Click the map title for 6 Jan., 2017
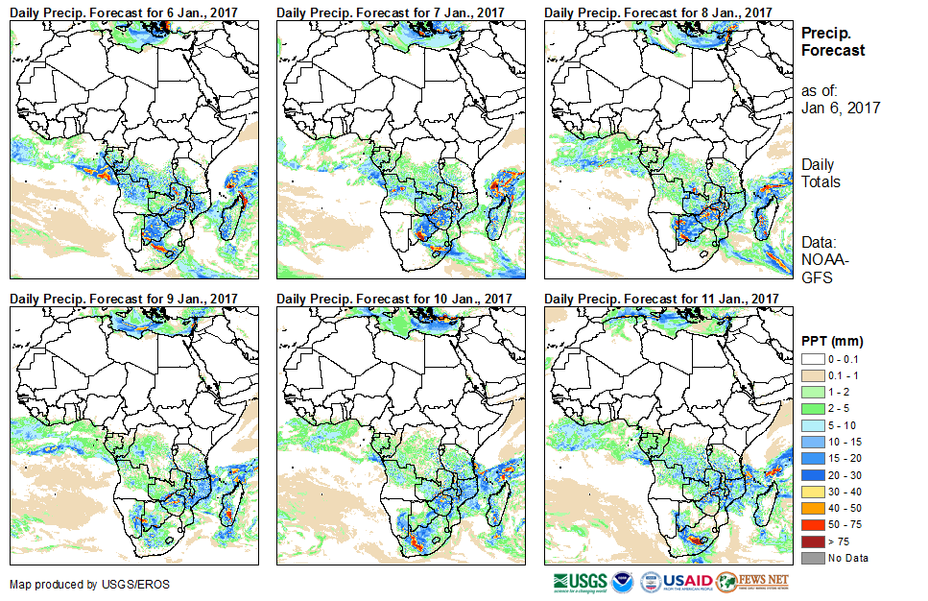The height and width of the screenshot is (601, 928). [124, 12]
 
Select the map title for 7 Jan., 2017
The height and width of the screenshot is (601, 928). [391, 12]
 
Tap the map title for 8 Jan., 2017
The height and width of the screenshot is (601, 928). [658, 12]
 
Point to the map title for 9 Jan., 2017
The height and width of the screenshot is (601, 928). [124, 300]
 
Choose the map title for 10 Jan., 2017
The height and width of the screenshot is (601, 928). [394, 300]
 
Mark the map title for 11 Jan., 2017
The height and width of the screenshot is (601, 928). [662, 300]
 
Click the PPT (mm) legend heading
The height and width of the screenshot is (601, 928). [833, 341]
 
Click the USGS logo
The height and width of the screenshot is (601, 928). [579, 582]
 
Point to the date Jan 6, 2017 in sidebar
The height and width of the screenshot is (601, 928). [841, 108]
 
